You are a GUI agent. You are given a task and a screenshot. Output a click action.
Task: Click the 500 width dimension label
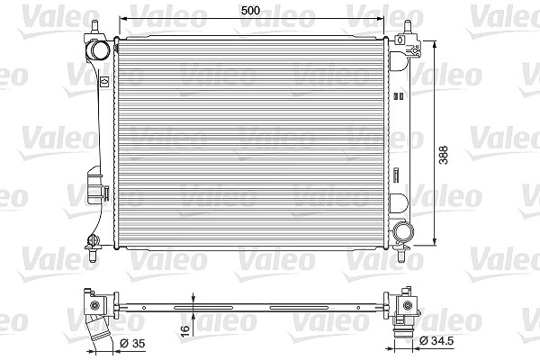[x=250, y=10]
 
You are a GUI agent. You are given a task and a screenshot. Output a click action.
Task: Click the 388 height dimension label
[x=444, y=155]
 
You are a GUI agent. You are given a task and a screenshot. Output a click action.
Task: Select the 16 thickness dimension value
[x=185, y=328]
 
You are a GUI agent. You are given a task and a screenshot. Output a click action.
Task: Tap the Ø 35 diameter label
[x=132, y=344]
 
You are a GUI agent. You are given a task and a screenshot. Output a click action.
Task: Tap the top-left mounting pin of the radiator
[x=95, y=26]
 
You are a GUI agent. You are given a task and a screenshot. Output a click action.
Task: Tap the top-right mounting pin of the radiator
[x=408, y=27]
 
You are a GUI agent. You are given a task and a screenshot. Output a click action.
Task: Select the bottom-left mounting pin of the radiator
[x=93, y=255]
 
